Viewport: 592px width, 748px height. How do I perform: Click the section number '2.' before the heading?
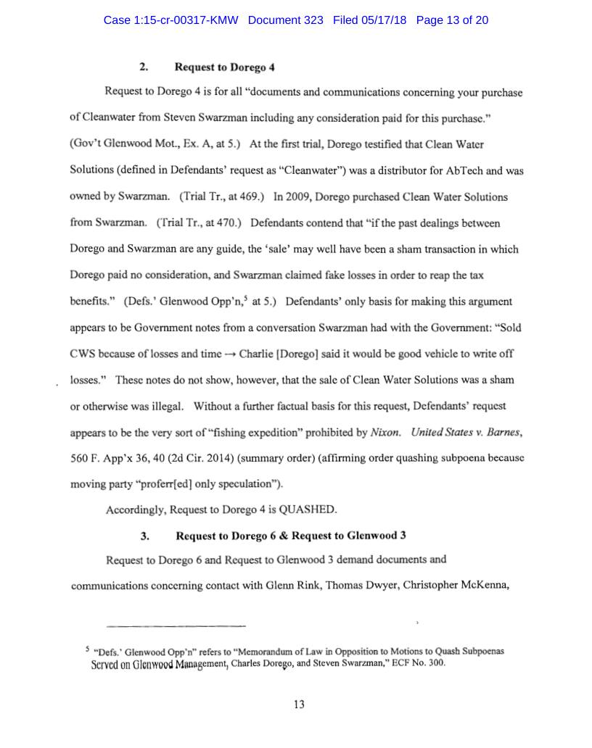tap(144, 67)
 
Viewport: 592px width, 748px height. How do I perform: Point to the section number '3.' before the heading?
tap(144, 536)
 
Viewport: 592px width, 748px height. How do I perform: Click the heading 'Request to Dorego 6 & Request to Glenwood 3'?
tap(290, 536)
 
